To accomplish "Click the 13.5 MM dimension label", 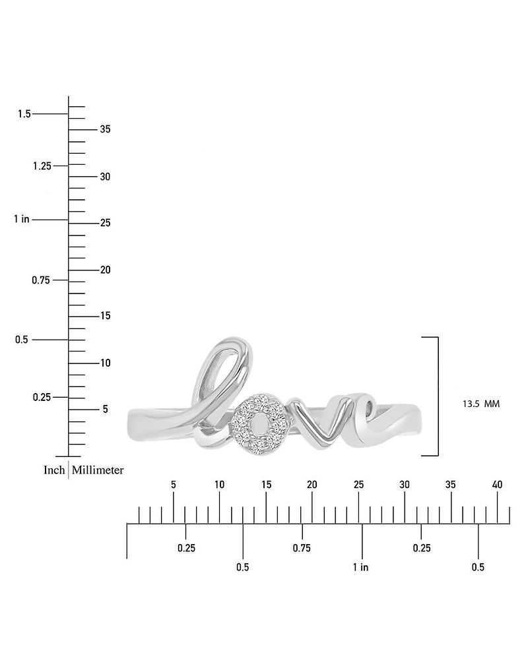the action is (x=481, y=404).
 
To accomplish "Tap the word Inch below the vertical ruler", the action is (x=54, y=470).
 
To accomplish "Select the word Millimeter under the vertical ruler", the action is (x=98, y=470).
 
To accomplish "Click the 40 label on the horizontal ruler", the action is (x=497, y=485).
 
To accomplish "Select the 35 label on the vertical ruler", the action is (x=106, y=129).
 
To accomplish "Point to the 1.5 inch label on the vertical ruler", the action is (x=24, y=113).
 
